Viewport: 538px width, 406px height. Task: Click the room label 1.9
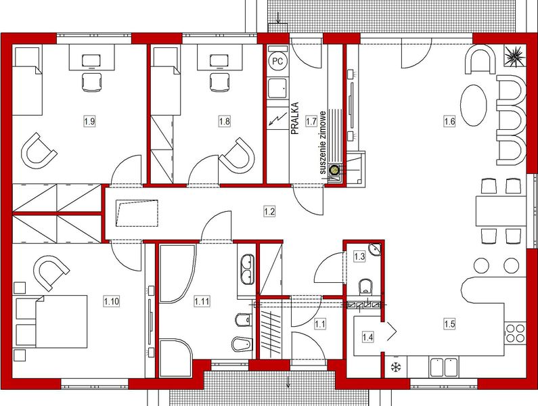coord(89,121)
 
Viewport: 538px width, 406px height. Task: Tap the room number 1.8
coord(225,121)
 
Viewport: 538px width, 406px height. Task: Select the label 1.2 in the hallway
coord(269,212)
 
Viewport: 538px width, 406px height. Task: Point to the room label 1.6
coord(449,121)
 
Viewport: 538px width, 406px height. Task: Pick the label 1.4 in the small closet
coord(367,336)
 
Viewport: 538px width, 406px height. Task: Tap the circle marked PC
coord(277,60)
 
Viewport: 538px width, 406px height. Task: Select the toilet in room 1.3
coord(365,286)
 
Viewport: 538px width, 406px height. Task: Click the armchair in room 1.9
coord(39,150)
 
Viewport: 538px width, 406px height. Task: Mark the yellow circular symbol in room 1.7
coord(335,171)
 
